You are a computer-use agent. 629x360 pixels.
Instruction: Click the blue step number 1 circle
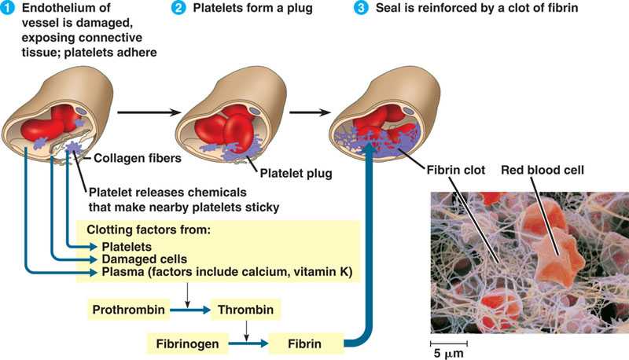9,9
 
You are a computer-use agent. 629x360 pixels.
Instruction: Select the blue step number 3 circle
361,9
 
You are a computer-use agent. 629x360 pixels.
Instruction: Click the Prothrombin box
129,310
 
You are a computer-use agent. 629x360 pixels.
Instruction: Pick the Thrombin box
246,310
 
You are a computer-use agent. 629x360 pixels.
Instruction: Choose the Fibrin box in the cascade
307,343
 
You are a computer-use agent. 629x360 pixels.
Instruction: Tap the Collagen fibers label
129,158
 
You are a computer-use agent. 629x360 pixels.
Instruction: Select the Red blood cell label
542,169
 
